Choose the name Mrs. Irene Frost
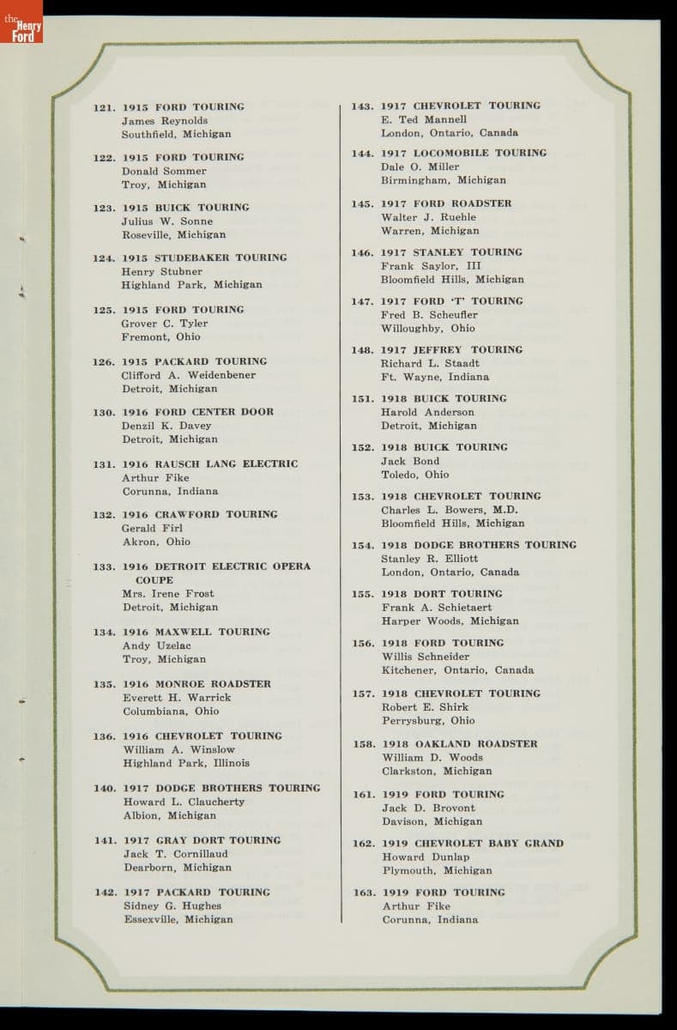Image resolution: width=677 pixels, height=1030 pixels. coord(167,593)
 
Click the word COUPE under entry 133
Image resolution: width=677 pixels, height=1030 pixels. coord(154,580)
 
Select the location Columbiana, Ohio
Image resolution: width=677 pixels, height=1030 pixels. coord(170,712)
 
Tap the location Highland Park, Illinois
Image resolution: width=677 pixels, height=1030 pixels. coord(186,763)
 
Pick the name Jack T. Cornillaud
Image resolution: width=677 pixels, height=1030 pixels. coord(175,854)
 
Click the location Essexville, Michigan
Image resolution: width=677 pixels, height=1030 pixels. coord(178,919)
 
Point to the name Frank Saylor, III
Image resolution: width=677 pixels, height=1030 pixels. coord(431,266)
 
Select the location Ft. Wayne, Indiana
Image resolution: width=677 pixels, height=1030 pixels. coord(435,377)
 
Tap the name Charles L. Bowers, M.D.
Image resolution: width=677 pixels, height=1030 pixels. coord(450,510)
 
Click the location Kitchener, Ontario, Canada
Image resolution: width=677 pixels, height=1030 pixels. coord(457,670)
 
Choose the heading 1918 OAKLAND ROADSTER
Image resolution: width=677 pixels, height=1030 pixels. coord(459,744)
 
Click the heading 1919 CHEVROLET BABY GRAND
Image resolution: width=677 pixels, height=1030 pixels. coord(472,844)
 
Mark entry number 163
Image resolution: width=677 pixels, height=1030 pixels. coord(364,893)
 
